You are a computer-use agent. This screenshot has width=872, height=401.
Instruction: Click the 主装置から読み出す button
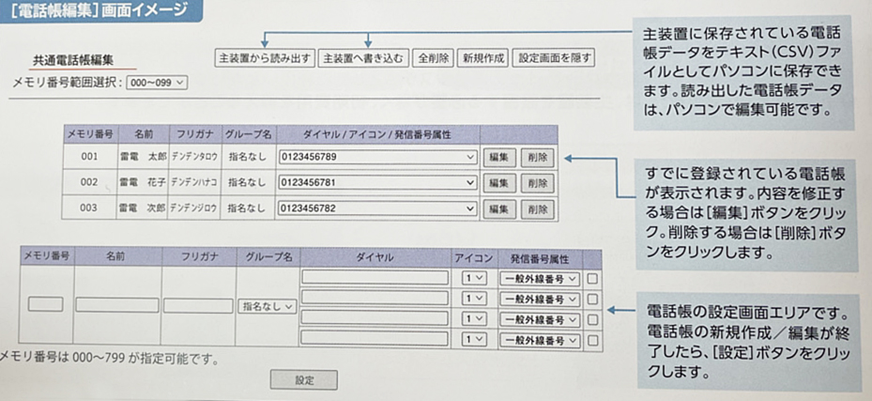point(265,58)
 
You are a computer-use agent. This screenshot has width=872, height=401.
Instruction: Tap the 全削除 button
point(434,58)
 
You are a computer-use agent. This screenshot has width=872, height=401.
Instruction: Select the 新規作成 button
point(483,58)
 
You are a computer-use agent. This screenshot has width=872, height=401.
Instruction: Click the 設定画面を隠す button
point(555,58)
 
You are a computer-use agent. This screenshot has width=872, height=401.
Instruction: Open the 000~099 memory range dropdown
point(157,83)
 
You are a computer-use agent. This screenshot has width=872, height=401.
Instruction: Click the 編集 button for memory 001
point(498,157)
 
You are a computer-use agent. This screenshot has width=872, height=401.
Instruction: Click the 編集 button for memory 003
point(498,208)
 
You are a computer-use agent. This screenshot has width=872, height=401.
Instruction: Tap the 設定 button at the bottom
point(303,380)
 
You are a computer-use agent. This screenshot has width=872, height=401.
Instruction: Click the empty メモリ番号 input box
point(46,304)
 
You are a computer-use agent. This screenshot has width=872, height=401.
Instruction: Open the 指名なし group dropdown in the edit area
point(268,305)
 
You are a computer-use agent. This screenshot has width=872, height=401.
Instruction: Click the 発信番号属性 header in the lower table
point(540,255)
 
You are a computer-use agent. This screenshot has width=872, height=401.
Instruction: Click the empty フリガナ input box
point(198,305)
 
